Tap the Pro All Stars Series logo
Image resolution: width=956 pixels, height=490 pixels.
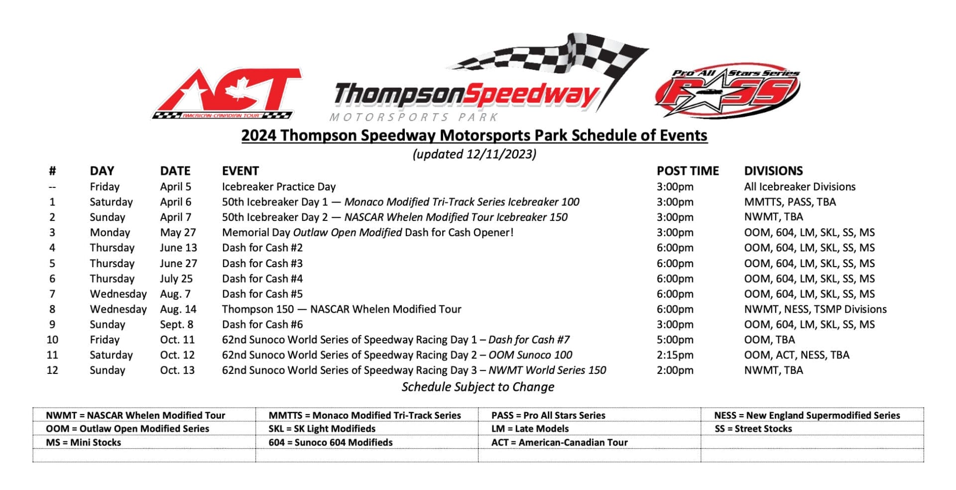click(x=727, y=93)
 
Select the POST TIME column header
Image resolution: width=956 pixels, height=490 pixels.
click(x=687, y=171)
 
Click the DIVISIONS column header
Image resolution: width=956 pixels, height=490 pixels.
click(x=773, y=171)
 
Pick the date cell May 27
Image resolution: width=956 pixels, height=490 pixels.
click(x=178, y=232)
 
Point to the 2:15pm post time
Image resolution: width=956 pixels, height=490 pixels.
click(x=675, y=355)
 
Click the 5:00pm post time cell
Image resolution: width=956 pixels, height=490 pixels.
click(x=675, y=339)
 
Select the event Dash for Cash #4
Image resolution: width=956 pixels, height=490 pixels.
click(x=262, y=279)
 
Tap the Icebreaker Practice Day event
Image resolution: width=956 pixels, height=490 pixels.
click(x=279, y=186)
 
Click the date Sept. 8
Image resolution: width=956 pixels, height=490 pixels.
click(x=176, y=325)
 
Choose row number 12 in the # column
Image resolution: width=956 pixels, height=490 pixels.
click(x=52, y=370)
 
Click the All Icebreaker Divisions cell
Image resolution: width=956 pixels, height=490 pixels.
click(x=800, y=186)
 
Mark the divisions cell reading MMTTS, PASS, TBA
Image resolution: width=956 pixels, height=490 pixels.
click(x=790, y=202)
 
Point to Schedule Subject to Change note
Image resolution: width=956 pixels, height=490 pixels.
click(x=478, y=387)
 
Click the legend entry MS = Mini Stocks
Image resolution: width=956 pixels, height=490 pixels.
click(x=83, y=442)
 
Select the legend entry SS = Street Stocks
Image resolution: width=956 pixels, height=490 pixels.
click(x=753, y=429)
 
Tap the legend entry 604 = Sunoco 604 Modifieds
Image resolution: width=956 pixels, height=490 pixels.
click(x=331, y=442)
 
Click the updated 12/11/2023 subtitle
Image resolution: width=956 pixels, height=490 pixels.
click(x=474, y=154)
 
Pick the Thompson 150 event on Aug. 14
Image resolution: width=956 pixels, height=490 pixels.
click(x=342, y=309)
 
